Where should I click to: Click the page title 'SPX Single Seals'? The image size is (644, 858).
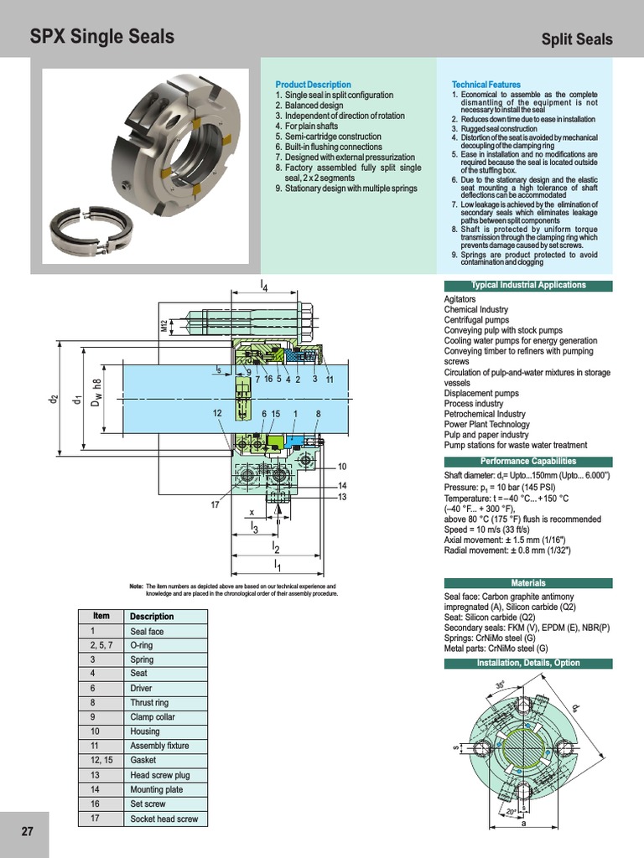(x=102, y=37)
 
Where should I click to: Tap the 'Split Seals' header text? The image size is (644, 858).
(x=577, y=39)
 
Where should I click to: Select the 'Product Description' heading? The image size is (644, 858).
(x=313, y=85)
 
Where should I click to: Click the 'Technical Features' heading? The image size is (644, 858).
(x=486, y=85)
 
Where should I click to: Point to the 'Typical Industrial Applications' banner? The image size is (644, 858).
(x=527, y=286)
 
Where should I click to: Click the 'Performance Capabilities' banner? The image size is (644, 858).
(x=527, y=462)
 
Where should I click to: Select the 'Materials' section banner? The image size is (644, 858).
(x=527, y=583)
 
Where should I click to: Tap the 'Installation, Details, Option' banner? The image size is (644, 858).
(x=527, y=663)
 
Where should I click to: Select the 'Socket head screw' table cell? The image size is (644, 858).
(x=164, y=818)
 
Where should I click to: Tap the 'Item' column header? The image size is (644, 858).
(x=101, y=616)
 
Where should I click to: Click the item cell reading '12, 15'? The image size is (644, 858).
(x=101, y=760)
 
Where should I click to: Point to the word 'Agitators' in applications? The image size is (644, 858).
(x=460, y=299)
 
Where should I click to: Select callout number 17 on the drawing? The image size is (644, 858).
(x=216, y=505)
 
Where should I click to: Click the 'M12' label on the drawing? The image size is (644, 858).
(x=164, y=327)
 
